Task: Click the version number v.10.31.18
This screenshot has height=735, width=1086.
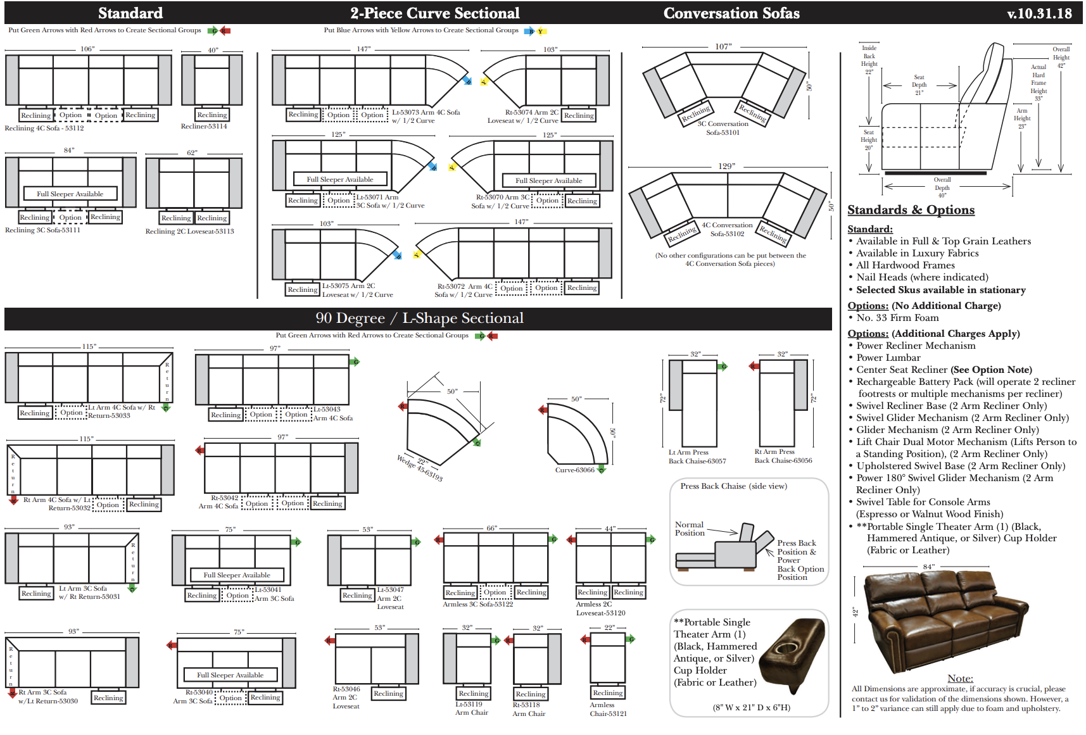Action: (1039, 13)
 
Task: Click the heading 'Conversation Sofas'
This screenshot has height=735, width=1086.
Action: (731, 13)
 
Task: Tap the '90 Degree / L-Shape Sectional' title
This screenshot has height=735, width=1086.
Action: (419, 318)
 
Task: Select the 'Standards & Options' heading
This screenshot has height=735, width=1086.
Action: (911, 210)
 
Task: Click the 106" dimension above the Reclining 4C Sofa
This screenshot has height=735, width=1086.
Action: (87, 49)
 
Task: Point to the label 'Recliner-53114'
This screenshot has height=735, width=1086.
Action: (204, 127)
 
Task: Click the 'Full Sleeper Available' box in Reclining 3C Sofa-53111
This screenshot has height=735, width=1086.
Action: (70, 194)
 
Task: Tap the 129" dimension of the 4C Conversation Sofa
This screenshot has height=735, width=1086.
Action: (726, 166)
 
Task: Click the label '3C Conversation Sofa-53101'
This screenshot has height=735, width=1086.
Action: (723, 129)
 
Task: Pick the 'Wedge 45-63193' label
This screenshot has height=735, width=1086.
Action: (420, 468)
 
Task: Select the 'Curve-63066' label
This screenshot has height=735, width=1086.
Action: (574, 470)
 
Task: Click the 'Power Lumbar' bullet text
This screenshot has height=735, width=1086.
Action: (888, 358)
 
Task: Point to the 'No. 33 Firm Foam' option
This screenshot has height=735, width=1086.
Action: (897, 318)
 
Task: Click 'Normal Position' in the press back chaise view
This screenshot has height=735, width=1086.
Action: (690, 529)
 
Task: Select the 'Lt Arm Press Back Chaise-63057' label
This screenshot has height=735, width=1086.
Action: (697, 457)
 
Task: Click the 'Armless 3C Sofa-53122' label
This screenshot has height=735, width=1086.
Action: (477, 605)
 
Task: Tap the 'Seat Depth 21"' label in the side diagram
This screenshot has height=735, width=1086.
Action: (919, 85)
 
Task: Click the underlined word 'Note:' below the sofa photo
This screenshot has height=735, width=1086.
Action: (960, 679)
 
